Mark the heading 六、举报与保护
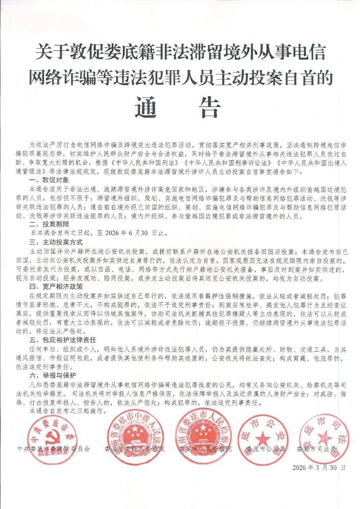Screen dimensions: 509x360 point(45,375)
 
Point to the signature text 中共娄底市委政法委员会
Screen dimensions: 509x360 point(54,449)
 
